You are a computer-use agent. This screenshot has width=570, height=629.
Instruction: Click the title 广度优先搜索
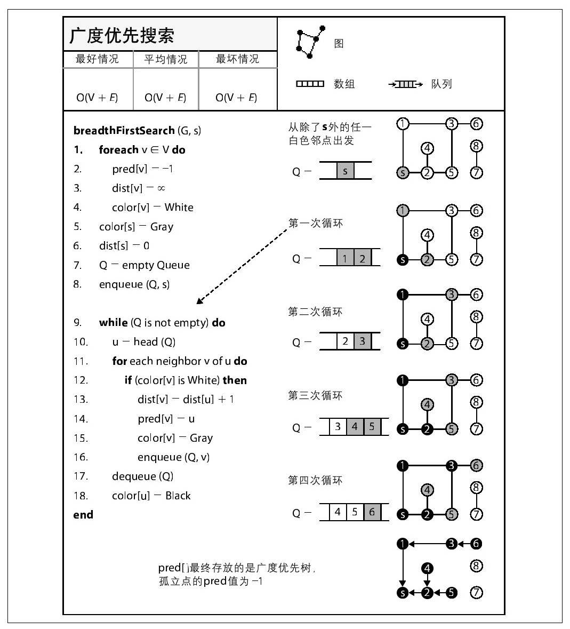[x=122, y=36]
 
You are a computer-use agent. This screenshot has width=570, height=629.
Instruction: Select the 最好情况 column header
[x=97, y=59]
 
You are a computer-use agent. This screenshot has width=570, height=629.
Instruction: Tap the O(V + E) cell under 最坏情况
[x=236, y=98]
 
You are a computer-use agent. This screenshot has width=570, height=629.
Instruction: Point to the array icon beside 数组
[x=310, y=84]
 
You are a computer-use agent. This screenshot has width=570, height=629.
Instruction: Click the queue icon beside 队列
[x=406, y=84]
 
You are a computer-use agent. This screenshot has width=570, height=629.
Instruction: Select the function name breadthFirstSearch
[x=124, y=131]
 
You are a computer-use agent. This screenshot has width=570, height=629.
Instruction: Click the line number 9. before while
[x=78, y=323]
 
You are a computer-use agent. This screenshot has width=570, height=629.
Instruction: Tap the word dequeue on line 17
[x=134, y=476]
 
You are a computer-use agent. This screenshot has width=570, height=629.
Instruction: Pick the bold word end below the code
[x=83, y=515]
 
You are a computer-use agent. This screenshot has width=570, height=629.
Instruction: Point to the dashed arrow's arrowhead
[x=199, y=301]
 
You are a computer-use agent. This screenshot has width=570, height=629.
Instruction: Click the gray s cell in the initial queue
[x=345, y=171]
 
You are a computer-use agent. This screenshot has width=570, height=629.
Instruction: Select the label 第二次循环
[x=315, y=312]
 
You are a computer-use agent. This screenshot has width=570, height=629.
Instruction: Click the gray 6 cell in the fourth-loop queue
[x=372, y=512]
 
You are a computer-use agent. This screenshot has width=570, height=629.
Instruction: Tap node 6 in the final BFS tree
[x=476, y=544]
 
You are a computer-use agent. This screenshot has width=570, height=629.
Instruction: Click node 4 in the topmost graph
[x=427, y=148]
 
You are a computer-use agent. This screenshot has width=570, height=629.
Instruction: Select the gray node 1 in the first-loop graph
[x=403, y=211]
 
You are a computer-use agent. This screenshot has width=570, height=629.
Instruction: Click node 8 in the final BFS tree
[x=476, y=566]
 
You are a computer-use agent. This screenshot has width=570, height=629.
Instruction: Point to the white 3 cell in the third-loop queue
[x=338, y=427]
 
